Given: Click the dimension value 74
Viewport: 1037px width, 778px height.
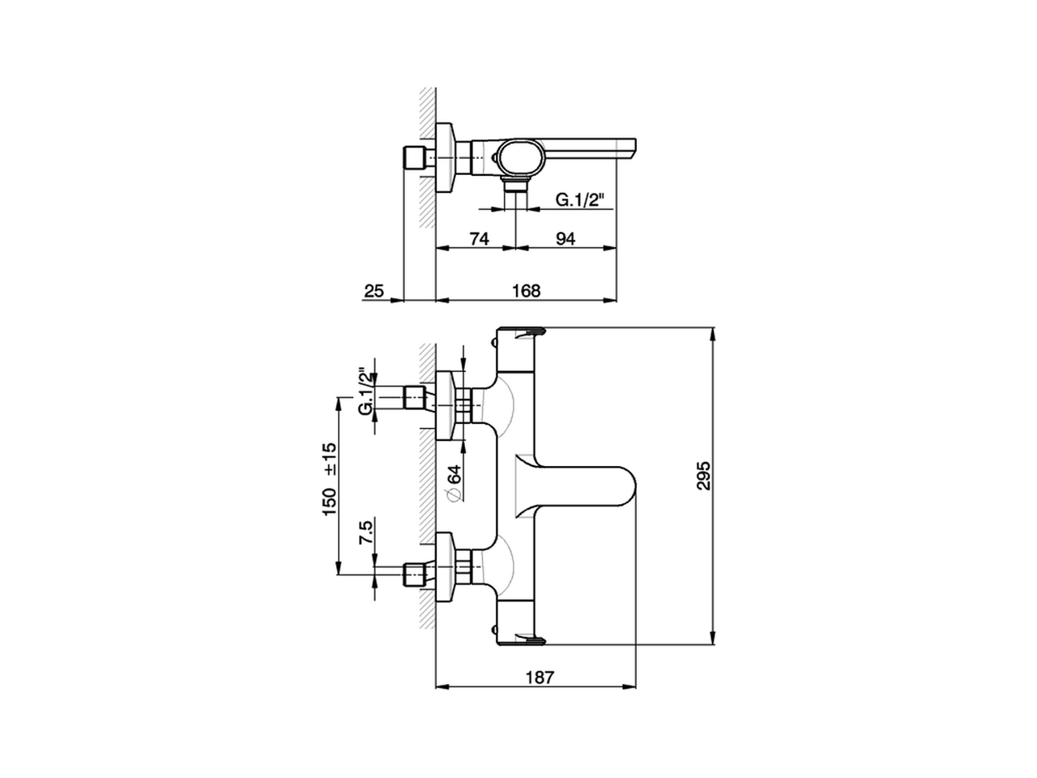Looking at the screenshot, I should point(479,238).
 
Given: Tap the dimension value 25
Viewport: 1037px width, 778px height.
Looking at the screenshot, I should point(373,290).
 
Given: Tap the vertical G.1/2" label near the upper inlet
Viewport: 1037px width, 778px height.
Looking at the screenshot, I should point(366,393).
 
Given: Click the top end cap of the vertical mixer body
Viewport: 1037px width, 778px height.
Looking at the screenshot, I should point(521,336).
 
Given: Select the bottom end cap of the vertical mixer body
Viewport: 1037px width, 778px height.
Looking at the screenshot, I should point(521,637).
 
